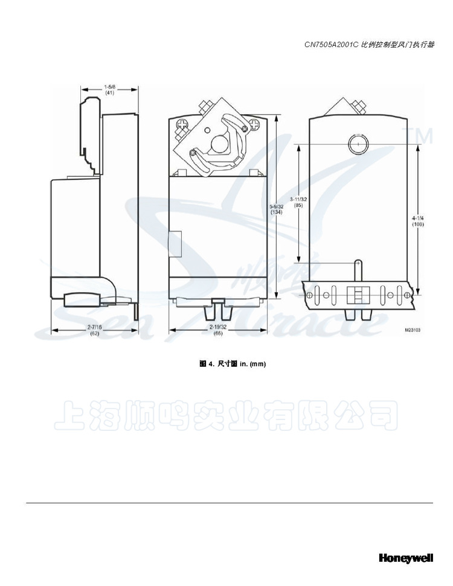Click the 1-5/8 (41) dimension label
pos(110,90)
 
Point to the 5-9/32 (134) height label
pos(277,208)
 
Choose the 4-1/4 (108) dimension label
pos(417,220)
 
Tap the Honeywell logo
pos(406,558)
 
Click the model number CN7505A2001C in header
pos(331,44)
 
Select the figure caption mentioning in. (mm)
pos(233,364)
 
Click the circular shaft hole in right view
pos(356,144)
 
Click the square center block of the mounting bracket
pos(357,295)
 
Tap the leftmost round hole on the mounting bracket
pos(310,295)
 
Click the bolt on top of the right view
pos(361,107)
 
